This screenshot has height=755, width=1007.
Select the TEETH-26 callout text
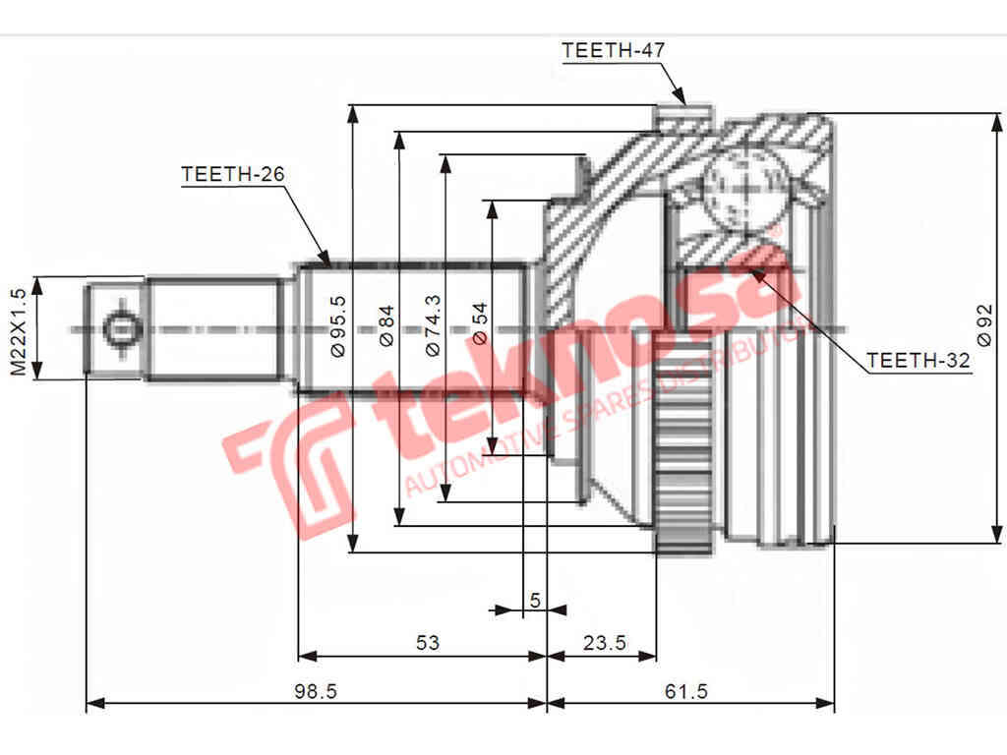pos(233,174)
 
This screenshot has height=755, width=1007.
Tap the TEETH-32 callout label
pos(918,361)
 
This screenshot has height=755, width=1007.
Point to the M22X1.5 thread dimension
pos(17,331)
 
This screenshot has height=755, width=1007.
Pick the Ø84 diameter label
pos(386,326)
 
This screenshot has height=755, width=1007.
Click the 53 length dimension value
pos(427,644)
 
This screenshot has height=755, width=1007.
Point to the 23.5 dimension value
pos(604,644)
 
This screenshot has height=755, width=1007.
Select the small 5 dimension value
pos(535,599)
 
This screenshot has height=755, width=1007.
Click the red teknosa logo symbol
pos(288,462)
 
